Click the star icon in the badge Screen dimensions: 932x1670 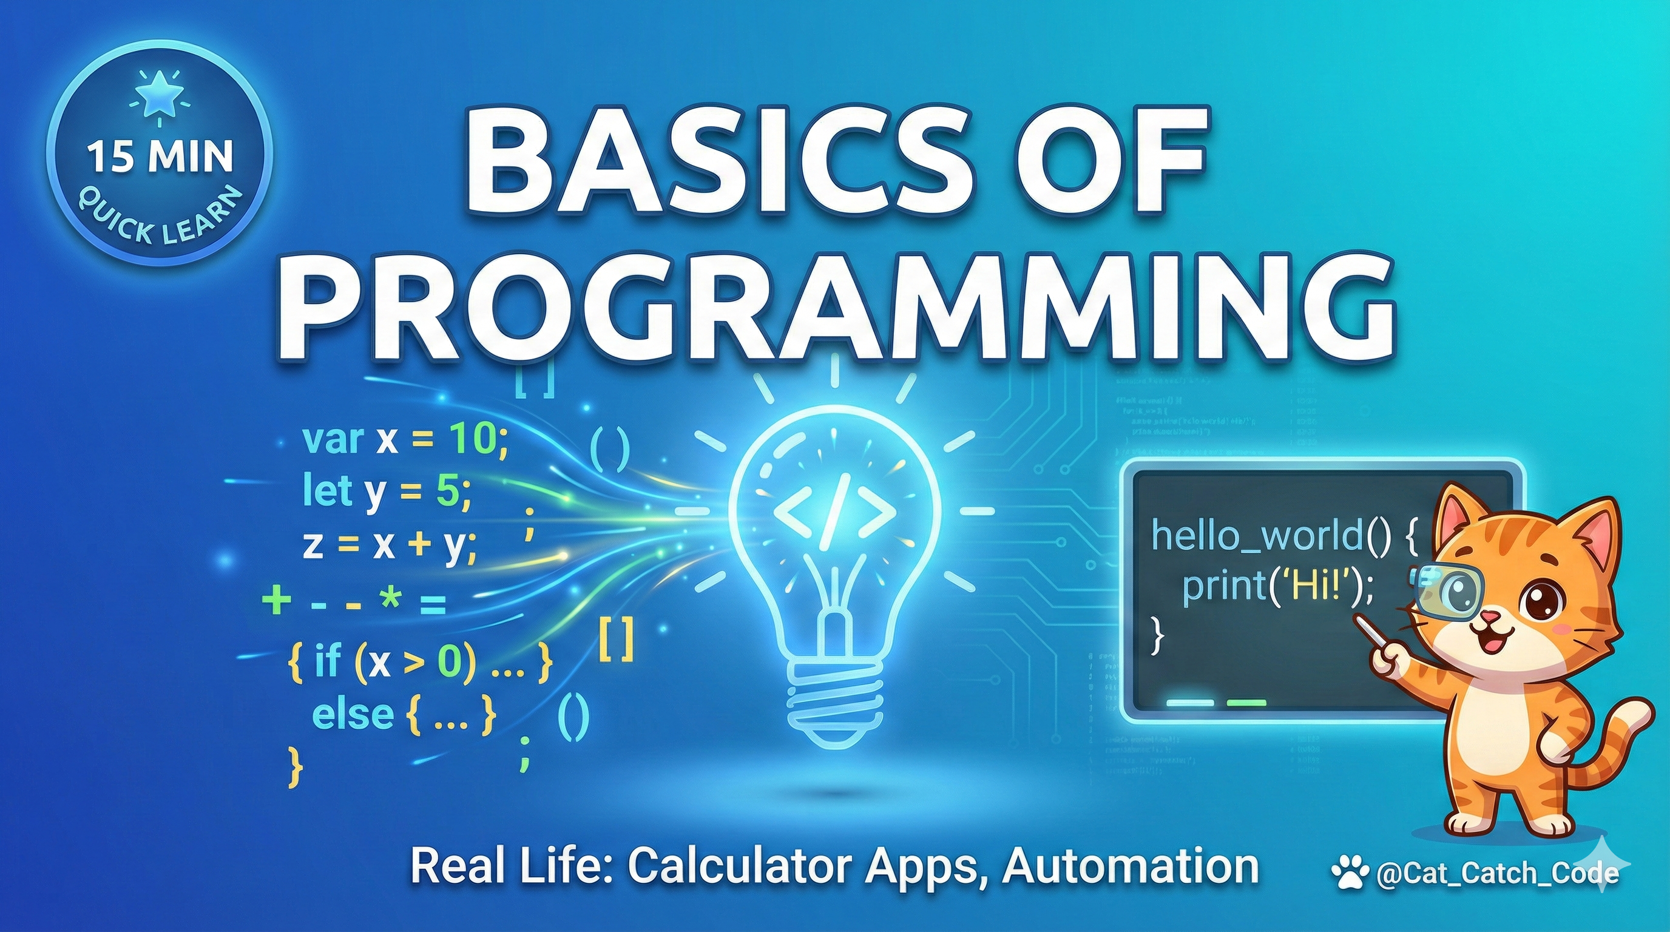click(159, 101)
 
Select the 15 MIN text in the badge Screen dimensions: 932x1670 click(160, 158)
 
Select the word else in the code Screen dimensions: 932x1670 click(353, 714)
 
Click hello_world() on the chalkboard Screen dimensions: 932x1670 click(1271, 535)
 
